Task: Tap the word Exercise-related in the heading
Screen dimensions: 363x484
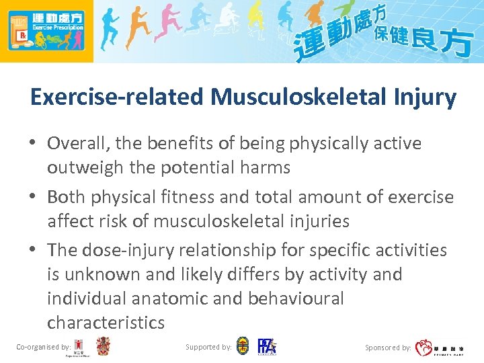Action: [118, 97]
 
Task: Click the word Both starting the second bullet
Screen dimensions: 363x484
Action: [66, 197]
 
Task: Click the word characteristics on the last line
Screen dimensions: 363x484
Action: [106, 323]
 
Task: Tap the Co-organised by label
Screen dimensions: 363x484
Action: [43, 347]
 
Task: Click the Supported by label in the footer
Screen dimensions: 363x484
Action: [208, 347]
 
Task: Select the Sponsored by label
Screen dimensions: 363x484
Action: [388, 348]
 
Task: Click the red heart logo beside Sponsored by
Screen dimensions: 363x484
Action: [424, 348]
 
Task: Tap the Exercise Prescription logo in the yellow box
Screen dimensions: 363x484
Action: [46, 31]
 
